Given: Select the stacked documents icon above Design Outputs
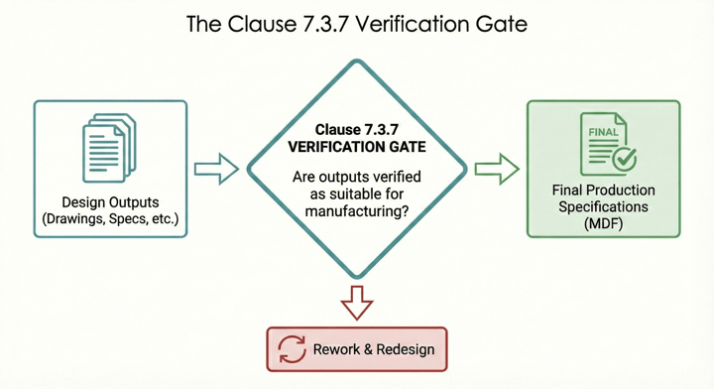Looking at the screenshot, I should point(109,149).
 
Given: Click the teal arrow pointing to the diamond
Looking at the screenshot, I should point(216,170).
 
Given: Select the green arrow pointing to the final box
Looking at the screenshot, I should point(497,170).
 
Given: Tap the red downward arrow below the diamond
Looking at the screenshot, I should point(356,301).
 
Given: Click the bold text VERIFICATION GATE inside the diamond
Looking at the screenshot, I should point(356,147).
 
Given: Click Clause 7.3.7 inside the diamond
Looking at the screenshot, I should point(356,130).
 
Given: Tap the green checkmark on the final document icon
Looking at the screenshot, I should point(624,158).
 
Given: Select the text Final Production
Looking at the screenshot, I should point(603,191).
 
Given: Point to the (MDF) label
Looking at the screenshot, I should point(603,225).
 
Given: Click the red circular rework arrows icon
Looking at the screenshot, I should point(293,349).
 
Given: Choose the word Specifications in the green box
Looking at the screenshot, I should point(603,207).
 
